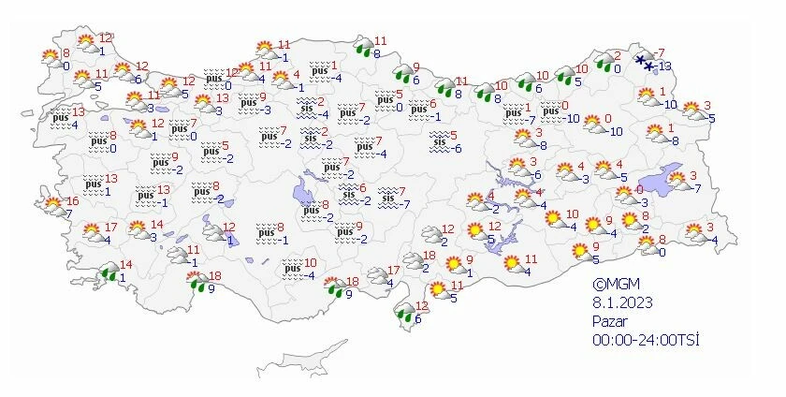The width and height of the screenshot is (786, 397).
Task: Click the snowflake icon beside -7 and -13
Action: [644, 63]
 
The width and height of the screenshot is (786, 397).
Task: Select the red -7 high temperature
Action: [659, 52]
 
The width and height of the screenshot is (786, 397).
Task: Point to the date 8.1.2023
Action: [622, 302]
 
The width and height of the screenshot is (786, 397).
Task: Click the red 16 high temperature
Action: [71, 201]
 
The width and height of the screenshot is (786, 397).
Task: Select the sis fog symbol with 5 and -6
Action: [439, 141]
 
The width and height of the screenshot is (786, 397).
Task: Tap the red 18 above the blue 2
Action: [429, 256]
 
